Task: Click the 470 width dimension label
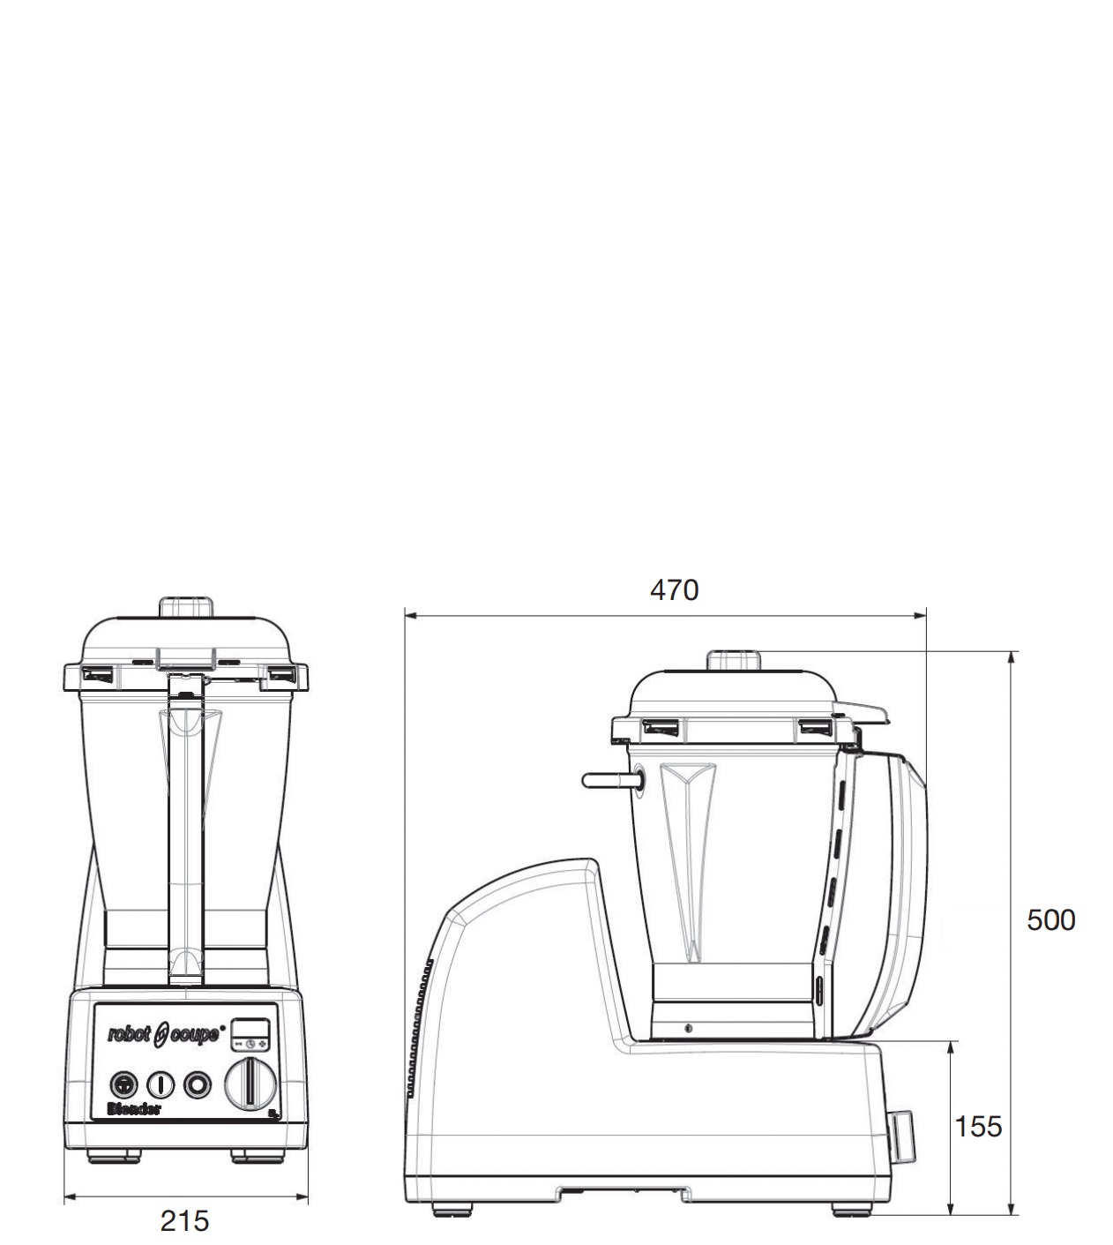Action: click(x=674, y=589)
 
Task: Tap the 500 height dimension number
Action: click(x=1050, y=920)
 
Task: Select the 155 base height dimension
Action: click(x=978, y=1127)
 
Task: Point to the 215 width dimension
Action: click(x=185, y=1221)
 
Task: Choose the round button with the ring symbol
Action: click(x=198, y=1084)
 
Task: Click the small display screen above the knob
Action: click(x=250, y=1028)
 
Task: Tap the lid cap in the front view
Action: click(x=187, y=609)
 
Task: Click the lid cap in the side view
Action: click(x=734, y=661)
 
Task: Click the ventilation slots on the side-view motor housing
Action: click(x=417, y=1028)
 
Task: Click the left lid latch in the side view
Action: click(x=661, y=728)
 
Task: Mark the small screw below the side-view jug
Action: click(x=688, y=1029)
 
